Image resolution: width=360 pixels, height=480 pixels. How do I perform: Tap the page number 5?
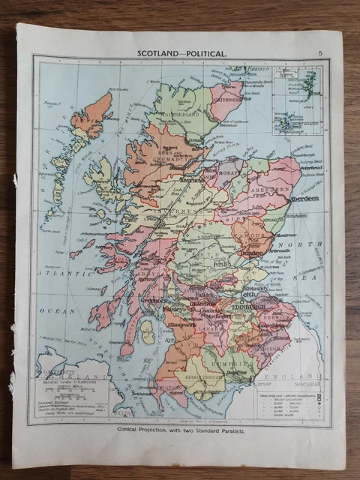click(x=320, y=52)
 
